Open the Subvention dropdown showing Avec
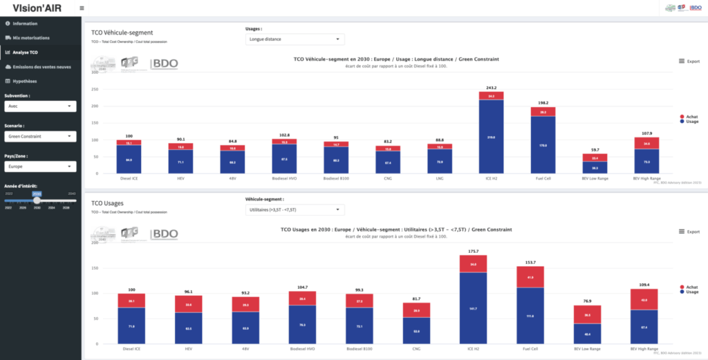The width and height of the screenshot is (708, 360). coord(40,106)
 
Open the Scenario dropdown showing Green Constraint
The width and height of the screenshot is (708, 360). coord(40,136)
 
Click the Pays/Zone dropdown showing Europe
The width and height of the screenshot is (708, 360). coord(40,167)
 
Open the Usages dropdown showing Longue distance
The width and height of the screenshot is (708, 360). coord(295,39)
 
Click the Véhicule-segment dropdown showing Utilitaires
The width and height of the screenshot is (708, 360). coord(295,209)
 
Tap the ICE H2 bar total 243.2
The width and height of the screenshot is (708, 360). coord(491,88)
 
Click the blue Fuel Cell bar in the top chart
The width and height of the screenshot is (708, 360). coord(543,144)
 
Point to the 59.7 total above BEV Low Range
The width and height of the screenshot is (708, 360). coord(595,150)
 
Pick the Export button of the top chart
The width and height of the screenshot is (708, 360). coord(689,61)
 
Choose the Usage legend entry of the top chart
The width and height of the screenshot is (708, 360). coord(689,122)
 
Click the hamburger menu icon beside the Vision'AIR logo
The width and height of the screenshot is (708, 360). coord(82,8)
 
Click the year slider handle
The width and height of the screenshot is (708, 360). coord(37,200)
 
